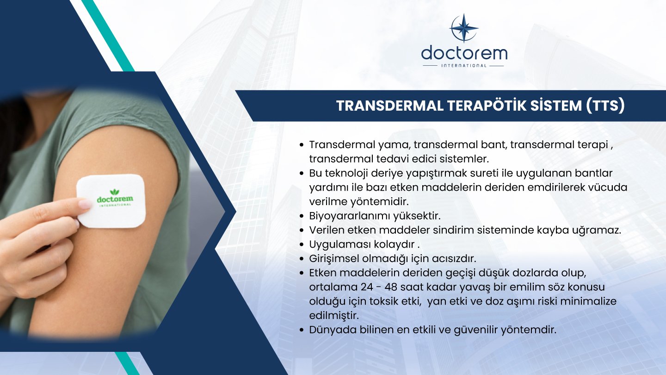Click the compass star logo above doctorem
pyautogui.click(x=464, y=28)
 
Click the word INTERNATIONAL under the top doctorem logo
pyautogui.click(x=464, y=66)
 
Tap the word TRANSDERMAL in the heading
pyautogui.click(x=389, y=106)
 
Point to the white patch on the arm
pyautogui.click(x=111, y=200)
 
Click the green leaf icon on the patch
pyautogui.click(x=114, y=192)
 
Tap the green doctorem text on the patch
pyautogui.click(x=115, y=199)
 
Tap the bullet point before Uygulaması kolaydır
pyautogui.click(x=302, y=244)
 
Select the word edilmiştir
pyautogui.click(x=334, y=315)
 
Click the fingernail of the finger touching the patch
pyautogui.click(x=85, y=204)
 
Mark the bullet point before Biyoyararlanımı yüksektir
pyautogui.click(x=302, y=216)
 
